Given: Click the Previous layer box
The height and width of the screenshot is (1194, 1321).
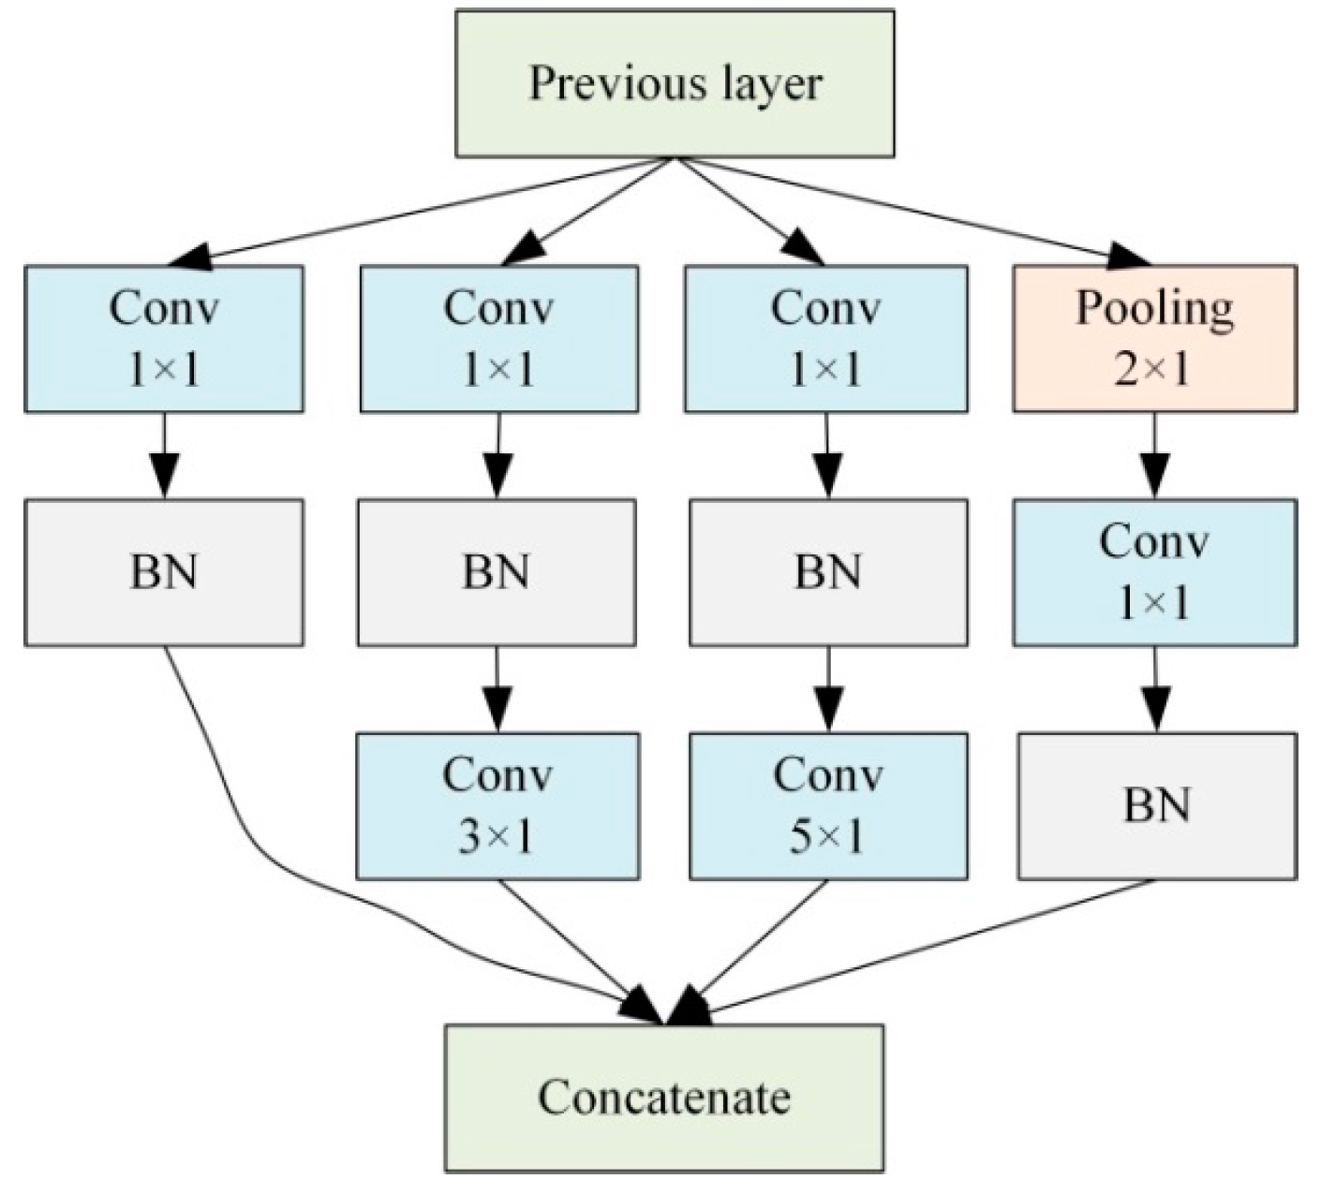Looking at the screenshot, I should tap(675, 83).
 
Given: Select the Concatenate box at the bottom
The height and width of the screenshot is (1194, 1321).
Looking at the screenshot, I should tap(663, 1098).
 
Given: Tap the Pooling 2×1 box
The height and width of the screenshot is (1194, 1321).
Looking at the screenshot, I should tap(1154, 338).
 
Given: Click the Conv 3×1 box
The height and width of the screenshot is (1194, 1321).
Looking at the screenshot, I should tap(497, 806).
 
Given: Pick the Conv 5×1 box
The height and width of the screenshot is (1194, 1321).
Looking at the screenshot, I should tap(828, 806).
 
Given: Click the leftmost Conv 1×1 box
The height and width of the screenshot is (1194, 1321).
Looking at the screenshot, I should tap(164, 338).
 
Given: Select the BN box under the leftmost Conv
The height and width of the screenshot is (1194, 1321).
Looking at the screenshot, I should tap(164, 572).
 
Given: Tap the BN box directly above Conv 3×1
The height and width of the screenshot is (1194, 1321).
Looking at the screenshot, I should tap(497, 572).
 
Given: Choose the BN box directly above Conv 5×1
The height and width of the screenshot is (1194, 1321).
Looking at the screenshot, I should tap(828, 572).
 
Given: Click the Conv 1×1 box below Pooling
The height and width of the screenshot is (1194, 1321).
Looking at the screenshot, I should tap(1154, 572).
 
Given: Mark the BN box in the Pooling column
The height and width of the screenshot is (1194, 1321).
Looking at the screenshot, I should tap(1157, 806).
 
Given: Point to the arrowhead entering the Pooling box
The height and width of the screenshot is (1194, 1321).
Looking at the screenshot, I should tap(1129, 257).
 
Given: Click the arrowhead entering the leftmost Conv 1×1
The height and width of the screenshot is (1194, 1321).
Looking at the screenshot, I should tap(193, 256).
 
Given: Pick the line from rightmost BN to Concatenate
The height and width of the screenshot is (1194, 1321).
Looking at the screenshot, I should tap(937, 946).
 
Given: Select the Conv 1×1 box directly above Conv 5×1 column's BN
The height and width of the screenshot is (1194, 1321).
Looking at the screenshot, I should tap(826, 338).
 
